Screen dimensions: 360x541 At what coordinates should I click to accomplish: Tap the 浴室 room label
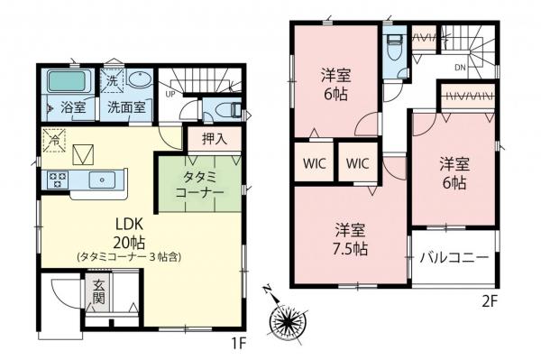click(x=72, y=106)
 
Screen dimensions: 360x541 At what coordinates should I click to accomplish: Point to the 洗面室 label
click(x=128, y=106)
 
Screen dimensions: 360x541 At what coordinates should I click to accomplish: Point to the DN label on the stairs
click(x=459, y=67)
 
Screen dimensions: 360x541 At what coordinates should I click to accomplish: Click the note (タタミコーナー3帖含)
click(x=128, y=257)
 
